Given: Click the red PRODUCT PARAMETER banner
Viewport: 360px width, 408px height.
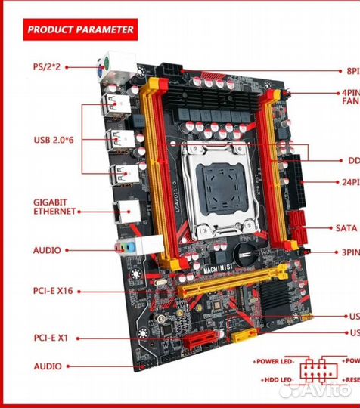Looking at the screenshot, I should [x=79, y=30].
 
